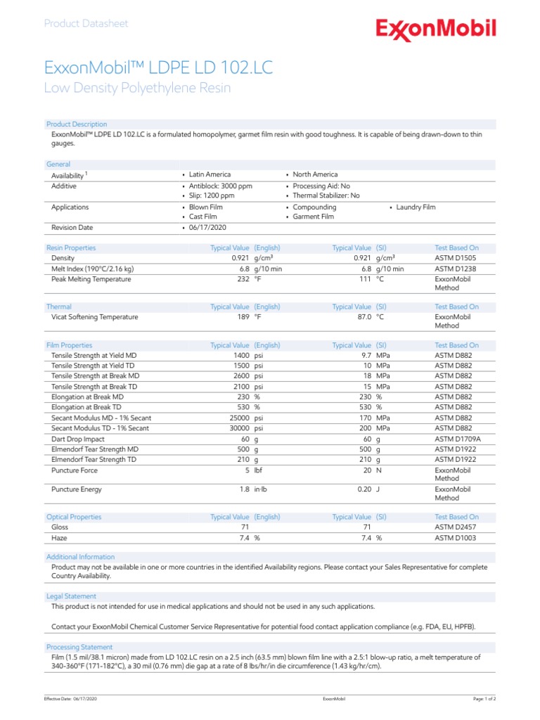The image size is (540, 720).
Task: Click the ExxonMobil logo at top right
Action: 436,30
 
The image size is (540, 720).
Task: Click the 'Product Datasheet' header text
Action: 86,23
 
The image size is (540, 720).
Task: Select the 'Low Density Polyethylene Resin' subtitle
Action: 137,88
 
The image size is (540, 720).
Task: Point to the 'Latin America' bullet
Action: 210,174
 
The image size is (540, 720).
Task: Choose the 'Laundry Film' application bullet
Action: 416,207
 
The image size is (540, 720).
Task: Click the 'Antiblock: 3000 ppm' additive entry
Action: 220,186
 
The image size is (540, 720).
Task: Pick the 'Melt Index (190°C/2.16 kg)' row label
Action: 92,269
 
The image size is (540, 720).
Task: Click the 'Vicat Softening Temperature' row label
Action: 95,317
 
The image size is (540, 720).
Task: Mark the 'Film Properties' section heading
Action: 69,345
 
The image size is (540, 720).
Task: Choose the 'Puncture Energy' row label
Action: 77,489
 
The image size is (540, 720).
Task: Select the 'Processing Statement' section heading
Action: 79,647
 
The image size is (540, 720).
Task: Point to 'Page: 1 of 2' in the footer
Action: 484,699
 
